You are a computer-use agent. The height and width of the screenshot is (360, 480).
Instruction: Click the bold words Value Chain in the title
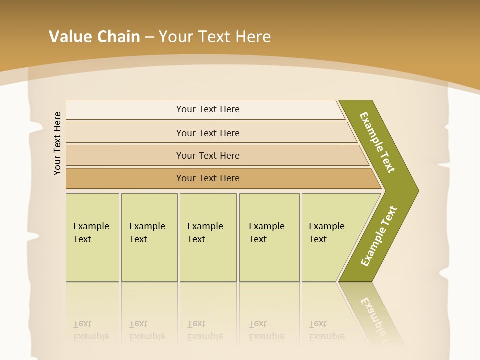[x=94, y=37]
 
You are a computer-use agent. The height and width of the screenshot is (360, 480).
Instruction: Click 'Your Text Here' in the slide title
[x=215, y=37]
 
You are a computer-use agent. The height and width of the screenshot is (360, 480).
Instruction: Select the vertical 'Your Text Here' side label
[x=57, y=143]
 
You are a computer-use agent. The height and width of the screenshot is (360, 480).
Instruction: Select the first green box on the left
[x=92, y=237]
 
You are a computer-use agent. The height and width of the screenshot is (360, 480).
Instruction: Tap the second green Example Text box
[x=149, y=237]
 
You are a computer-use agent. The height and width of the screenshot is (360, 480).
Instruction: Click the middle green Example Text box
[x=208, y=237]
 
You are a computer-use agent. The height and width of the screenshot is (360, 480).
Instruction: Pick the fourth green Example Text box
[x=269, y=237]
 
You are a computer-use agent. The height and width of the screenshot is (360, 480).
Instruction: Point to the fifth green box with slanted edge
[x=330, y=237]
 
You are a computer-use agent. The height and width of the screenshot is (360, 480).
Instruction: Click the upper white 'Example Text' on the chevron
[x=377, y=142]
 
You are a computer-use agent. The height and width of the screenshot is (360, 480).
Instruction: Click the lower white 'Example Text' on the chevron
[x=379, y=236]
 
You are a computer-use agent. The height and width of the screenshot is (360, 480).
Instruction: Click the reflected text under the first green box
[x=91, y=330]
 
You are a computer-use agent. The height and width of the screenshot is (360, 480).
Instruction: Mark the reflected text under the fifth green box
[x=326, y=330]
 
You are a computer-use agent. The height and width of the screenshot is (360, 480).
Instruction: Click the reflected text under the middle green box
[x=205, y=330]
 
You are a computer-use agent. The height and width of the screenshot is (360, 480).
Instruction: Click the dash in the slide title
[x=149, y=37]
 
